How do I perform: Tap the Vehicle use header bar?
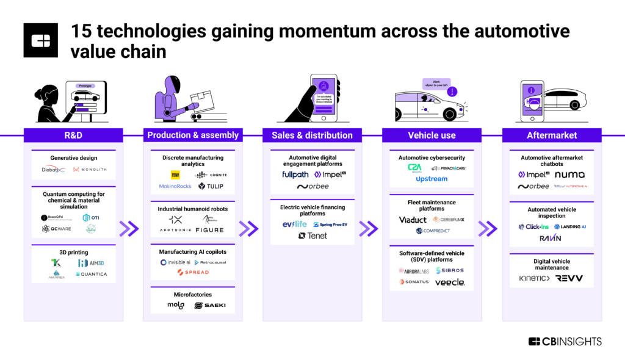coord(432,135)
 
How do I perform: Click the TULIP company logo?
coord(211,186)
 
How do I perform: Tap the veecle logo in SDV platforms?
coord(450,282)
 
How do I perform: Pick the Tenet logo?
coord(312,236)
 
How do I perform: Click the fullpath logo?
coord(295,175)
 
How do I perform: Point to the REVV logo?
coord(569,278)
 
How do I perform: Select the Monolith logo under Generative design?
coord(88,169)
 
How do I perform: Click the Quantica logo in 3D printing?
coord(92,274)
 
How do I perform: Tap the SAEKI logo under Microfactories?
coord(210,305)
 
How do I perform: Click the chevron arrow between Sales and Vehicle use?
coord(369,229)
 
